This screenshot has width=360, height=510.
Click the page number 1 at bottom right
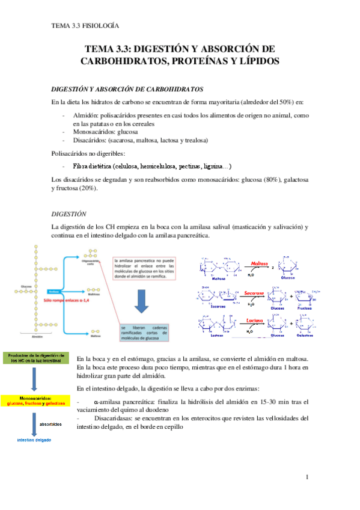coord(307,477)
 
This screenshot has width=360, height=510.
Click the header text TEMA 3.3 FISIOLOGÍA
coord(85,26)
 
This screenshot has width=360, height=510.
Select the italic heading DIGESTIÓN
coord(70,214)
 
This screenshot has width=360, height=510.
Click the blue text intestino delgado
coord(34,440)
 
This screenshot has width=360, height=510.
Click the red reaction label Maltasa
coord(259,263)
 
